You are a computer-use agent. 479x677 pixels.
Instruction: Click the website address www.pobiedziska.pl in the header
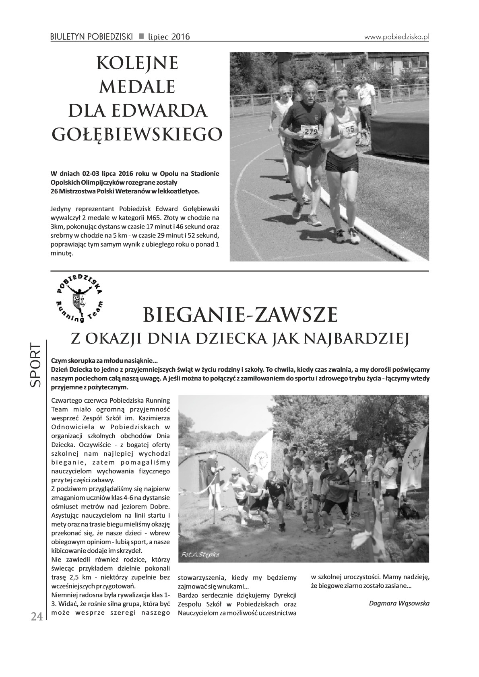(397, 37)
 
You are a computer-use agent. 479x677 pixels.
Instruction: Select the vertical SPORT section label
(35, 366)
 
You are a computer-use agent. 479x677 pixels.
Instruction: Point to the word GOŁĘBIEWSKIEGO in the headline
(137, 134)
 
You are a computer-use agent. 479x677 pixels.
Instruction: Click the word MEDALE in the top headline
(137, 86)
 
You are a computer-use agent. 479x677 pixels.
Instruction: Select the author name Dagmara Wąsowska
(393, 603)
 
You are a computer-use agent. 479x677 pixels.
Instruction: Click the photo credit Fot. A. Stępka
(200, 554)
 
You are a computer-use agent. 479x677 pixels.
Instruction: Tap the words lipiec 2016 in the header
(169, 37)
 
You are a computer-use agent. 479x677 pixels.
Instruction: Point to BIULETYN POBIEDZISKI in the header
(91, 37)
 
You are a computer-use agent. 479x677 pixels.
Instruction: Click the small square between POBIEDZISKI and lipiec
(141, 37)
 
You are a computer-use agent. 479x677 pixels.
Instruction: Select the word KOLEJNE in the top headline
(137, 63)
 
